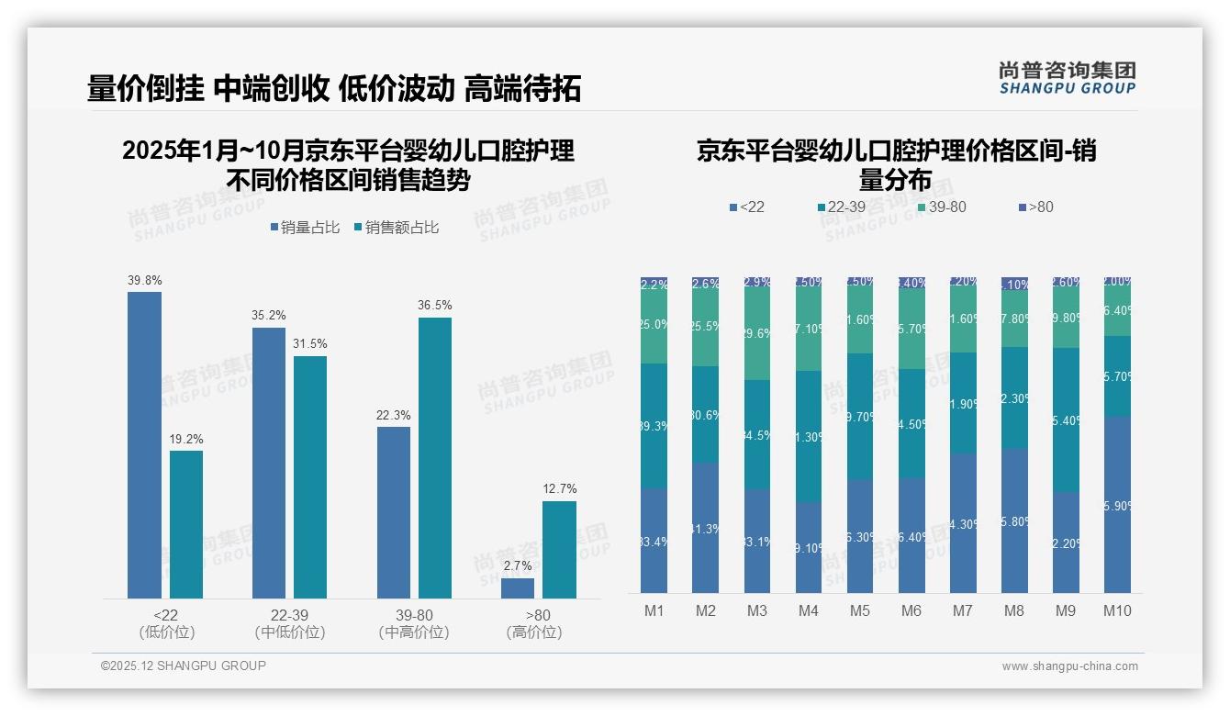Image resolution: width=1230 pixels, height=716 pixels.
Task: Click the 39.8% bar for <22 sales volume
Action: (144, 445)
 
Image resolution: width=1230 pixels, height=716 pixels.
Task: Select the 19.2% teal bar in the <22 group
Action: (186, 524)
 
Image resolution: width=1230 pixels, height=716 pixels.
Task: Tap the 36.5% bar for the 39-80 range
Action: (435, 458)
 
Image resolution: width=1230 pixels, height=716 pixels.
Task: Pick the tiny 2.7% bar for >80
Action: (518, 588)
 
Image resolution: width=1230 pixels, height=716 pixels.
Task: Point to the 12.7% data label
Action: (560, 489)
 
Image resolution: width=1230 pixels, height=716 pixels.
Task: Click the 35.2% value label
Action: (268, 316)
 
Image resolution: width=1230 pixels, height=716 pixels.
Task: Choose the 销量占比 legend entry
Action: (309, 228)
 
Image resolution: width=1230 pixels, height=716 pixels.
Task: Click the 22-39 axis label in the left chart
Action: (290, 615)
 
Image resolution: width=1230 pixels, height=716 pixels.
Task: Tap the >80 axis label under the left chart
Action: (538, 615)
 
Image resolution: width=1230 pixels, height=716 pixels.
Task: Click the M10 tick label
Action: (1117, 611)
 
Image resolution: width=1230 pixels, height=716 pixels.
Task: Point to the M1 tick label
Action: (654, 611)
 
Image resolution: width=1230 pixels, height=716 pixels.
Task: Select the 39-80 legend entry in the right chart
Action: (942, 207)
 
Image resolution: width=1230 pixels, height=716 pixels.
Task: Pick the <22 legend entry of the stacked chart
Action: (746, 207)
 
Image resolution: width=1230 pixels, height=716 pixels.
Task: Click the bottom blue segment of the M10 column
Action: (1117, 505)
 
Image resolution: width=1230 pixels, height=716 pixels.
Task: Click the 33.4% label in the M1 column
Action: (654, 542)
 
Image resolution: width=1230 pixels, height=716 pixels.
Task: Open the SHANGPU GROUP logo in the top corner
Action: (1068, 78)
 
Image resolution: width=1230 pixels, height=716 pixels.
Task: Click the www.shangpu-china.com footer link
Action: (1069, 666)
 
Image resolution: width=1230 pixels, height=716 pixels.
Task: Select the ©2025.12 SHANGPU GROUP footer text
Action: (184, 666)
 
